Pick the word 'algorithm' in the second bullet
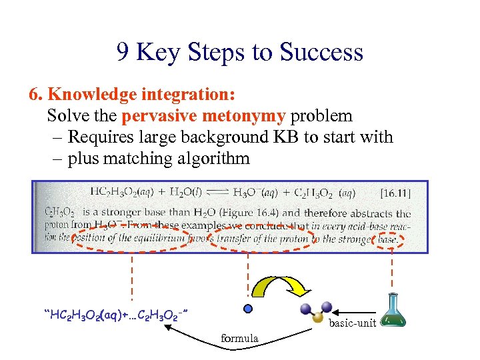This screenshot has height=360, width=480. [212, 159]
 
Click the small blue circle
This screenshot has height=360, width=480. [248, 309]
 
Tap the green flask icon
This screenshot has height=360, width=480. [394, 313]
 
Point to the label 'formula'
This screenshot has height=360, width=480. [239, 339]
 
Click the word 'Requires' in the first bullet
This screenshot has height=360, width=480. [99, 137]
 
